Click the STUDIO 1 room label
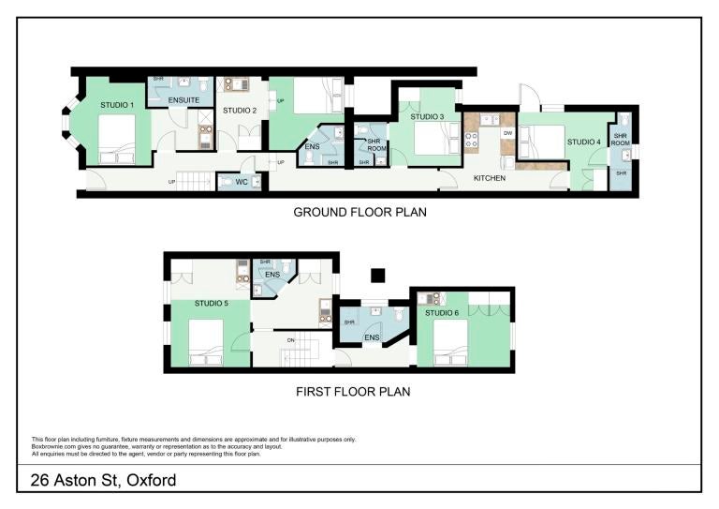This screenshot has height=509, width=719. tap(117, 105)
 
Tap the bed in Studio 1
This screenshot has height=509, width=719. tap(117, 139)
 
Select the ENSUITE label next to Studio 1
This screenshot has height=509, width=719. tap(183, 100)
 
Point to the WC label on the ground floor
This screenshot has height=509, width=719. tap(242, 182)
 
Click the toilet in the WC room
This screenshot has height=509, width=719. tap(226, 182)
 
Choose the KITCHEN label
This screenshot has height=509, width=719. tap(490, 178)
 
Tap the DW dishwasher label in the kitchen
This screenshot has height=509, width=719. tap(507, 133)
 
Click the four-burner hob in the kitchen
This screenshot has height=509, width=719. tap(472, 141)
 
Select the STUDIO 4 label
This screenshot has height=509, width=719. tap(584, 142)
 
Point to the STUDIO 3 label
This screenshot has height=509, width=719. tap(427, 117)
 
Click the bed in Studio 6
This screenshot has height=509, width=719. tap(450, 342)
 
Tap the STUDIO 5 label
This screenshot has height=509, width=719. tap(212, 304)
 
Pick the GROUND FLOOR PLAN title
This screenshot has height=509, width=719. tap(359, 212)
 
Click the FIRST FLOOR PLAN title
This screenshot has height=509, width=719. tap(353, 392)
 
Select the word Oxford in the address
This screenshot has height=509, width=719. tap(152, 480)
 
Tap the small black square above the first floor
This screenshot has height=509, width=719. tap(378, 276)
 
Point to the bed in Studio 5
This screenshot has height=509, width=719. tap(206, 342)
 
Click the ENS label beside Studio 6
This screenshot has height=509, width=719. tap(372, 337)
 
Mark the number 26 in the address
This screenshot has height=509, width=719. tap(40, 480)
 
